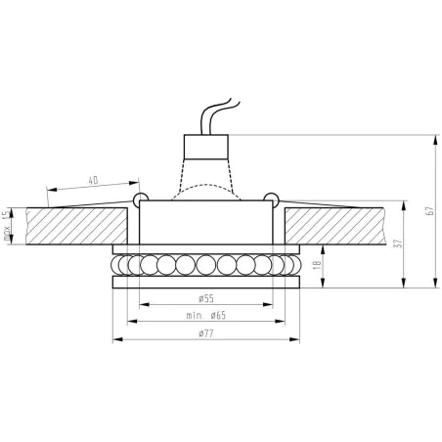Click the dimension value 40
coord(94,181)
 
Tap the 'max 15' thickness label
coord(7,225)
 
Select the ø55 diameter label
coord(205,297)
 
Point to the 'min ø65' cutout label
coord(205,315)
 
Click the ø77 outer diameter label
coord(205,333)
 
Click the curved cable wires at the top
coord(216,113)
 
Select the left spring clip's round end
coord(140,200)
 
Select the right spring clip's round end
coord(274,200)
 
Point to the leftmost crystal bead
coord(119,265)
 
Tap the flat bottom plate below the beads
coord(205,284)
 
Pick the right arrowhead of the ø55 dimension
coord(270,304)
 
